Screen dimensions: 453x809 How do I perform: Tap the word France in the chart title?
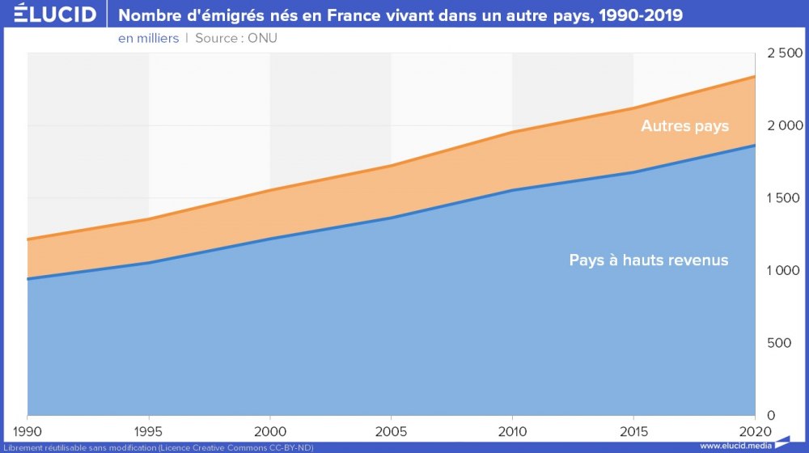pyautogui.click(x=358, y=15)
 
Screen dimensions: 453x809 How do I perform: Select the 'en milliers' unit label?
pyautogui.click(x=148, y=38)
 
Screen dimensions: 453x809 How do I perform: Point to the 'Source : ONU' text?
pyautogui.click(x=236, y=38)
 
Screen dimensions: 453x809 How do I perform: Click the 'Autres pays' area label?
pyautogui.click(x=684, y=126)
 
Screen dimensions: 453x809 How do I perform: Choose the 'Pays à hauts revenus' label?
pyautogui.click(x=648, y=260)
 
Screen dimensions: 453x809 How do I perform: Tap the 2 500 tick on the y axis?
pyautogui.click(x=784, y=53)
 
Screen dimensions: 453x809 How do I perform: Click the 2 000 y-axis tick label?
pyautogui.click(x=784, y=125)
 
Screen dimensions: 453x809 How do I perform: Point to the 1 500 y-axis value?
pyautogui.click(x=784, y=198)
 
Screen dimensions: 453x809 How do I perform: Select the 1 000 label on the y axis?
pyautogui.click(x=784, y=270)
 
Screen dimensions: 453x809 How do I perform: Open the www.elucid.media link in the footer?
pyautogui.click(x=735, y=446)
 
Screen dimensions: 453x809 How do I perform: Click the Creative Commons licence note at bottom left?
pyautogui.click(x=158, y=447)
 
